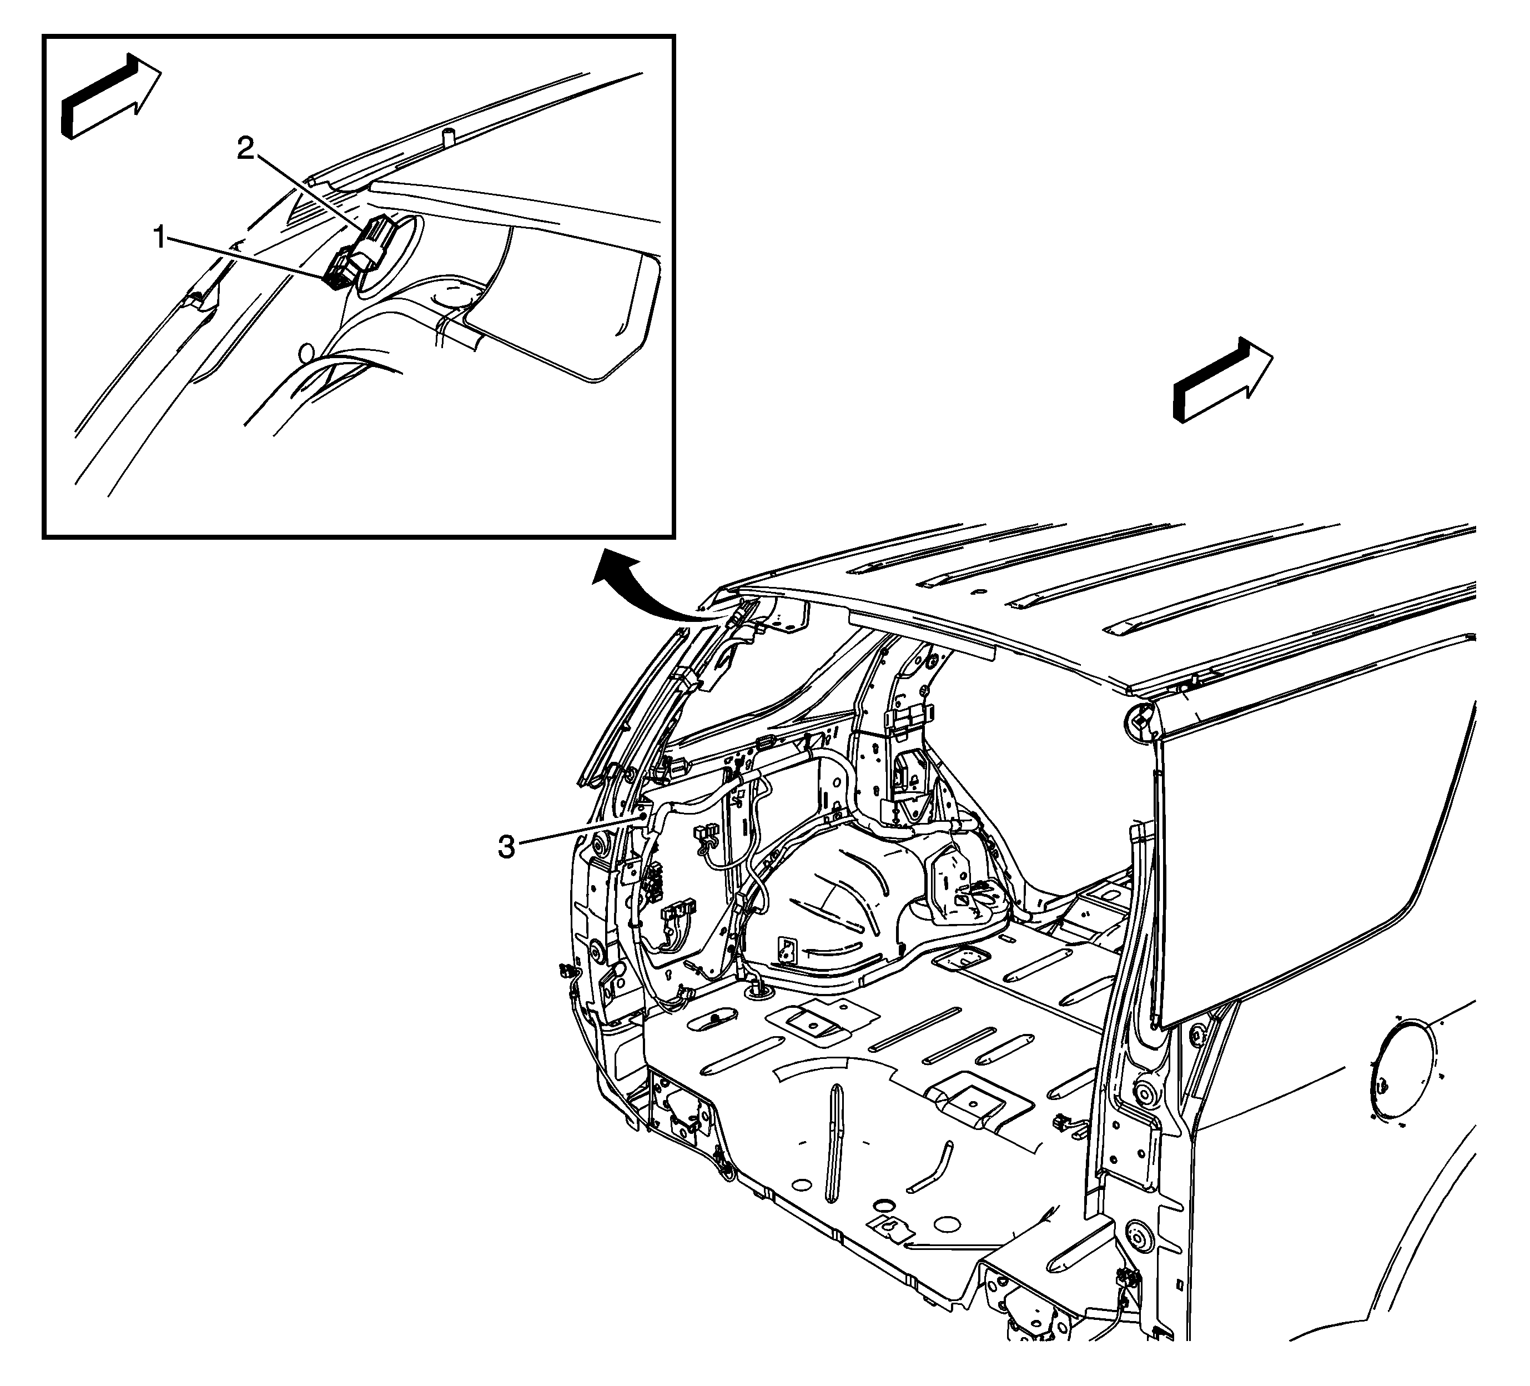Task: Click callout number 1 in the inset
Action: tap(159, 238)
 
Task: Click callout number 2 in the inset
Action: tap(245, 149)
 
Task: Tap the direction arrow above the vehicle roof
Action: tap(1222, 379)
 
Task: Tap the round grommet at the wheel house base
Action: tap(759, 988)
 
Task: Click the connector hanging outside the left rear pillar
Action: tap(565, 970)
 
